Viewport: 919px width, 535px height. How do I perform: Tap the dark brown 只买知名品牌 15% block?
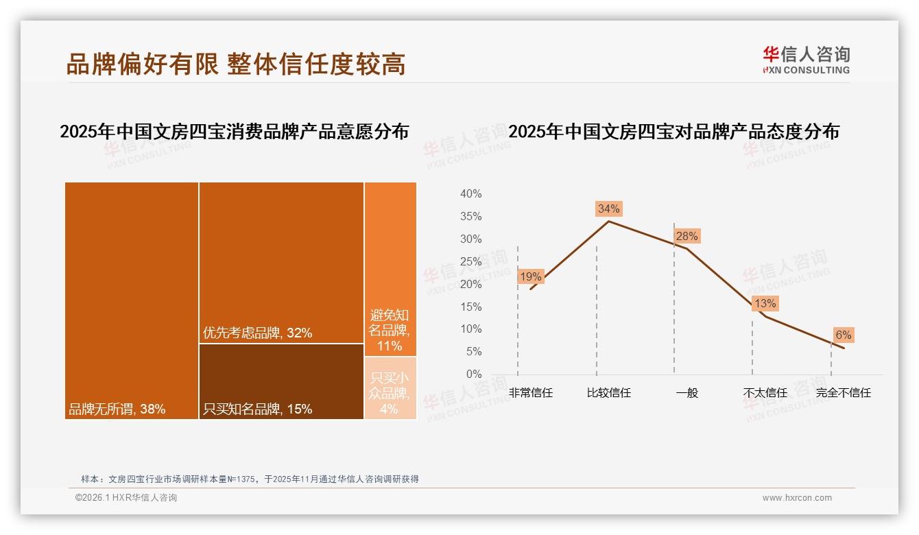tap(281, 381)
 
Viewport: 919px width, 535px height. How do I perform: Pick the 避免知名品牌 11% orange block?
tap(390, 269)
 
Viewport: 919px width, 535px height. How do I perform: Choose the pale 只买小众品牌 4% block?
tap(390, 388)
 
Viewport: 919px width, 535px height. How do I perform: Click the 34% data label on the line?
tap(608, 209)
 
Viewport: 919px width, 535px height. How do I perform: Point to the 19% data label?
tap(531, 277)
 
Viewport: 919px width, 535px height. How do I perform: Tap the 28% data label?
tap(687, 237)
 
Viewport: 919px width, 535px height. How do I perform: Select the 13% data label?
tap(765, 303)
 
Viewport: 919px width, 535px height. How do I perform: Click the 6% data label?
tap(843, 335)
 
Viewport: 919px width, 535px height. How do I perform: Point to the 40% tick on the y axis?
tap(470, 194)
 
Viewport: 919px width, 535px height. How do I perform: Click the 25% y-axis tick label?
tap(470, 261)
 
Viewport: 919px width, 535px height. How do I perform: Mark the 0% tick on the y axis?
tap(473, 374)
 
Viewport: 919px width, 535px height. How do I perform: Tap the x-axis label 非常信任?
tap(531, 393)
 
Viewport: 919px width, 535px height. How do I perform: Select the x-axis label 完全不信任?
tap(843, 393)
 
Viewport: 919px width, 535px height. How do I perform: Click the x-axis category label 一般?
tap(687, 393)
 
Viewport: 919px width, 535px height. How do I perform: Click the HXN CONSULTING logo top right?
tap(806, 60)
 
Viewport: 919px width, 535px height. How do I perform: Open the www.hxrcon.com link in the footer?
tap(797, 498)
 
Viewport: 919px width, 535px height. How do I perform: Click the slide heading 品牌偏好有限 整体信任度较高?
tap(236, 63)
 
